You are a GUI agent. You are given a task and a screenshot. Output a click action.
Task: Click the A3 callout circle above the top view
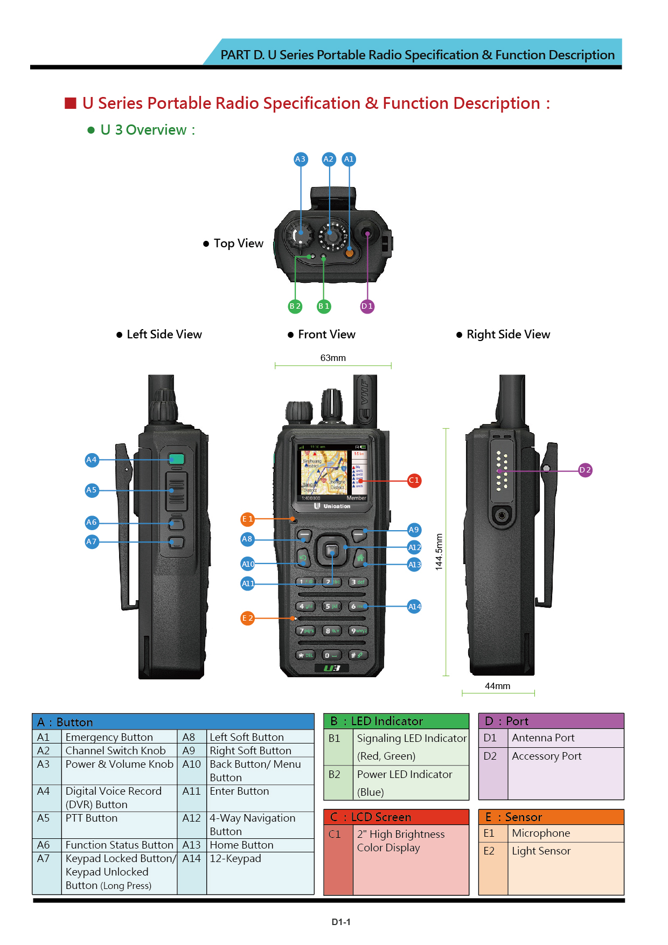point(301,159)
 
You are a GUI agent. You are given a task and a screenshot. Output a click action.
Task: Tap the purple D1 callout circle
point(367,306)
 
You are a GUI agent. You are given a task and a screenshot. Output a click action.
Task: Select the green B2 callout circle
point(295,306)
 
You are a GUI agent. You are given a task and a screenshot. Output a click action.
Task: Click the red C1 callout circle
point(414,480)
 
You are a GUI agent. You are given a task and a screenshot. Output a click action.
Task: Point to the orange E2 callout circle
point(247,618)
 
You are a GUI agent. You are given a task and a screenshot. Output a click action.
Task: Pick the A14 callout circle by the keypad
point(414,607)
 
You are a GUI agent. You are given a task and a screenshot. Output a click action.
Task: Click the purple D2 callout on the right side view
point(585,470)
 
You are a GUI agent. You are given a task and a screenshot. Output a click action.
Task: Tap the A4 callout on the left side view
point(92,460)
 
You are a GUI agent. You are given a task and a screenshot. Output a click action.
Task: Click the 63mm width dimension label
point(333,358)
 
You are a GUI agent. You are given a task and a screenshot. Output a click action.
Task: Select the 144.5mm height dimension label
point(439,552)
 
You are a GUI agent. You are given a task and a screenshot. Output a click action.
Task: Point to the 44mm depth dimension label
point(497,686)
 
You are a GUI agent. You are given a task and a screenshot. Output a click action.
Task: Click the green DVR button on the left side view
point(176,459)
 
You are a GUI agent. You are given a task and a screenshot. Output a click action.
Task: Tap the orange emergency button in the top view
point(349,252)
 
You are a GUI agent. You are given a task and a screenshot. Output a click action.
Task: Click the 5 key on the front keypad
point(331,606)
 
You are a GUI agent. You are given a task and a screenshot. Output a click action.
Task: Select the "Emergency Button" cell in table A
point(109,737)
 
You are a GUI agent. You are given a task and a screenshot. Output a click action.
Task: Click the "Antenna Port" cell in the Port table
point(543,738)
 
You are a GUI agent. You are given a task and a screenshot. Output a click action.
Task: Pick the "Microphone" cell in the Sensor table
point(541,833)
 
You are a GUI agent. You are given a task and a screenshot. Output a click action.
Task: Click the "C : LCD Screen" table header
point(396,817)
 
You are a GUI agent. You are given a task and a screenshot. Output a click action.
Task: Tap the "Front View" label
point(326,335)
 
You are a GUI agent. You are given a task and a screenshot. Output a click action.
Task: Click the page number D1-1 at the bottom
point(340,922)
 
